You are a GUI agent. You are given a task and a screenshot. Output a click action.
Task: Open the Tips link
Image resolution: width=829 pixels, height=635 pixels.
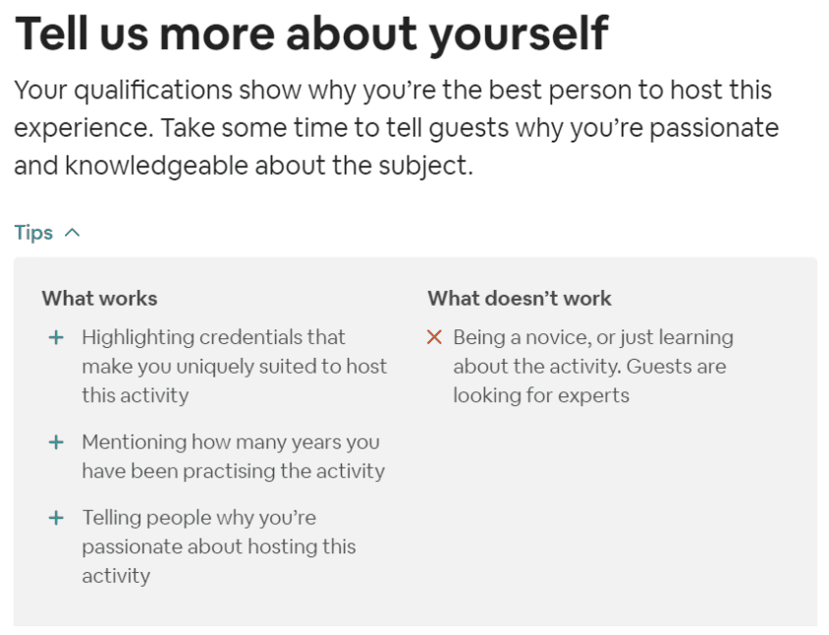tap(33, 233)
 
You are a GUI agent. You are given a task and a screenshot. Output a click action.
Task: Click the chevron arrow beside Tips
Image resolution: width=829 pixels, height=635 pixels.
tap(72, 233)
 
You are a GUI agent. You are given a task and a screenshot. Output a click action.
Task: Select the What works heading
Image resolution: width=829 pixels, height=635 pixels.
tap(99, 298)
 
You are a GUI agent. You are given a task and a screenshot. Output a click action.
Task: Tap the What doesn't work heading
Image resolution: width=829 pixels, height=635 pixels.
tap(519, 298)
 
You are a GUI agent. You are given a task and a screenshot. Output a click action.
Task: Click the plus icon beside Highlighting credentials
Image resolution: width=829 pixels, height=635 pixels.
tap(56, 337)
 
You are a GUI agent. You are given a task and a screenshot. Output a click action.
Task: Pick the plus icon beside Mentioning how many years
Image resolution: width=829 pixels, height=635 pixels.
tap(56, 442)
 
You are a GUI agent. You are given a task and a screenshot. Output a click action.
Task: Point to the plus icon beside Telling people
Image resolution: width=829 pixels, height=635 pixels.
tap(56, 517)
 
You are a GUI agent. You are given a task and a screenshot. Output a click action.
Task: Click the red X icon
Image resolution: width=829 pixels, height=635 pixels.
tap(434, 337)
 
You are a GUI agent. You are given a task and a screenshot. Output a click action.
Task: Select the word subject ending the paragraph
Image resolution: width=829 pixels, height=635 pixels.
tap(426, 165)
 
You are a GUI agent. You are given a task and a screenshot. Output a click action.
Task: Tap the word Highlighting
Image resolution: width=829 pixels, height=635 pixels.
tap(138, 337)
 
